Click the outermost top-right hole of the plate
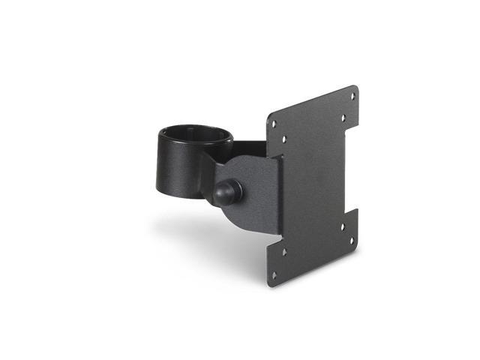tap(352, 96)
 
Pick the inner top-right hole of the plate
tap(342, 117)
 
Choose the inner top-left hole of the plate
tap(284, 139)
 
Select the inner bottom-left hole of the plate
tap(284, 252)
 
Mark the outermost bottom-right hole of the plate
tap(352, 221)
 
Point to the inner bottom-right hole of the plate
tap(342, 227)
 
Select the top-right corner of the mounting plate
tap(356, 87)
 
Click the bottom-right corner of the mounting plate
tap(357, 229)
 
